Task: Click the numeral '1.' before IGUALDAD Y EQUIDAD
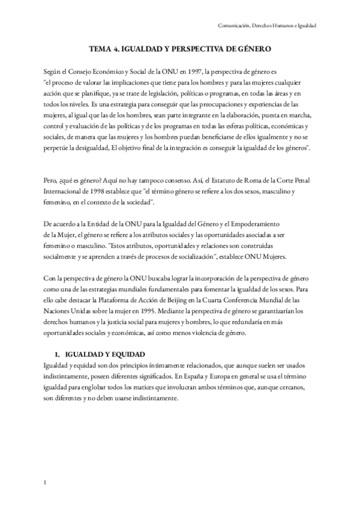[58, 355]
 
